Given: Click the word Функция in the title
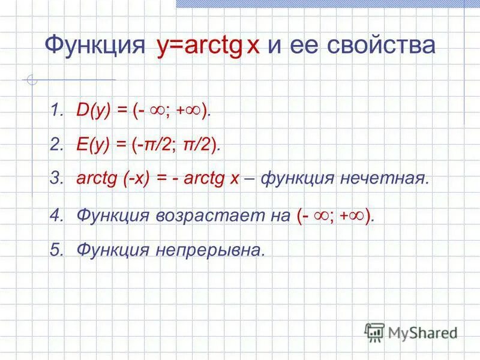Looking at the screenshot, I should [x=95, y=46].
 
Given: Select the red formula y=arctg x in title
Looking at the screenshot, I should [x=208, y=46].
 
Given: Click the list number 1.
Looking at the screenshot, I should [x=56, y=111].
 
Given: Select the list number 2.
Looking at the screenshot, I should [x=56, y=145].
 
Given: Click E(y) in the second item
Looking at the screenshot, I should [x=92, y=145].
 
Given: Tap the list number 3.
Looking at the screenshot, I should [x=56, y=178].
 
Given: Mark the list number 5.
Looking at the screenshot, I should [x=56, y=250].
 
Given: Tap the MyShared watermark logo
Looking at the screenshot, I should [x=412, y=331].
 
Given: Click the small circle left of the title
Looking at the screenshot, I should [x=34, y=80].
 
